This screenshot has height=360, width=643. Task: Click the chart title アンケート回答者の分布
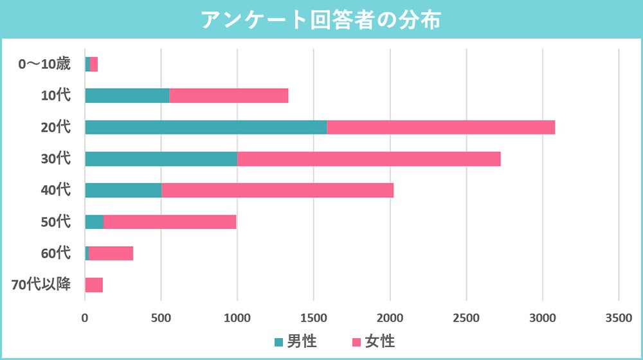coord(321,19)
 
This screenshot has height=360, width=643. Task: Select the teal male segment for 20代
coord(206,127)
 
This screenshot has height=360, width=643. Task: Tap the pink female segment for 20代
coord(440,127)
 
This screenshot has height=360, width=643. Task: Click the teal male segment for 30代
coord(161,159)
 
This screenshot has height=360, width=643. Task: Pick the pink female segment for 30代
coord(368,159)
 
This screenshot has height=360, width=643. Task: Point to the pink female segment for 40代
coord(277,190)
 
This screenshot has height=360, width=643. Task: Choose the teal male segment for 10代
coord(127,96)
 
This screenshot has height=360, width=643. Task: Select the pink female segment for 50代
coord(170,222)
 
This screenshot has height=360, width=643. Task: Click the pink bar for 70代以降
coord(94,285)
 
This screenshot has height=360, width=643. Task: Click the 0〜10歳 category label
coord(44,64)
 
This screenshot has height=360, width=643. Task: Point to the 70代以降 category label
coord(41,285)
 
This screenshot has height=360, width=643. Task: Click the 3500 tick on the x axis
coord(619,317)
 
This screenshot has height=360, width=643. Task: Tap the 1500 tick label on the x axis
coord(313,317)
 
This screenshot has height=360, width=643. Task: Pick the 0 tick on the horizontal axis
coord(85,317)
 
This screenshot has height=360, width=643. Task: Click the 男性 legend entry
coord(295,341)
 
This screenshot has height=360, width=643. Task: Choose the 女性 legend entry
coord(374,341)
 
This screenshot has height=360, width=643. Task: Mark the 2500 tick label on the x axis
coord(466,317)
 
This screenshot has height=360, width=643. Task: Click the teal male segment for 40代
coord(123,190)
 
